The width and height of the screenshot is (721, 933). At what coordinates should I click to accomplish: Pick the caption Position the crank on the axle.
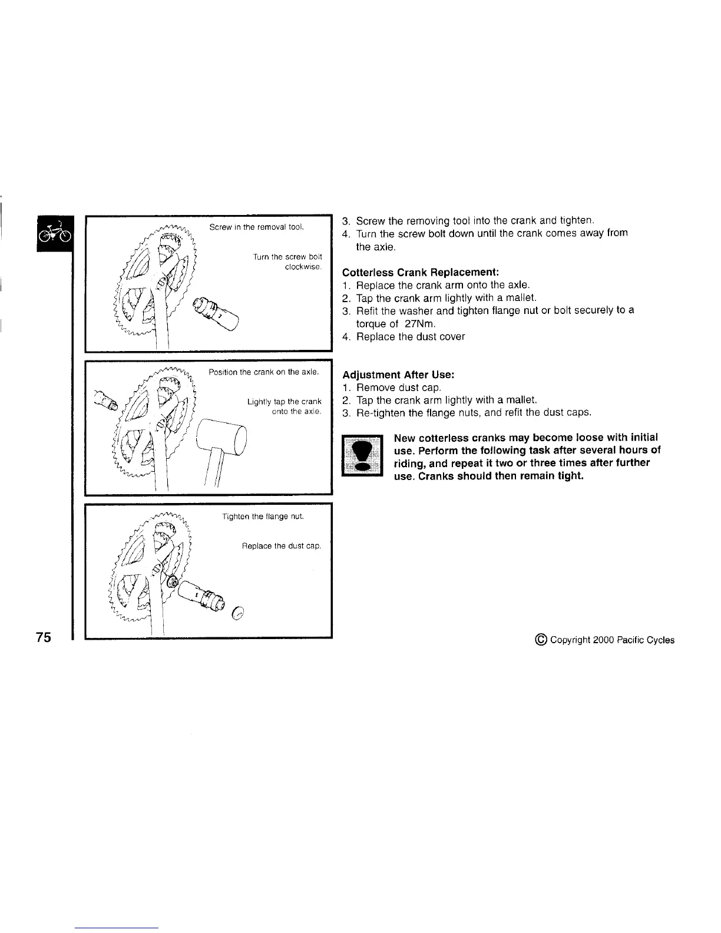[264, 372]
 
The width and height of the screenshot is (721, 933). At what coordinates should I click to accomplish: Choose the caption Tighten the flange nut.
[263, 517]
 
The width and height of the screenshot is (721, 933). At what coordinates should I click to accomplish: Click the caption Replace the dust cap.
[282, 546]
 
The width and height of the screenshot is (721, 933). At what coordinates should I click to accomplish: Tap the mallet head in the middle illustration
[220, 436]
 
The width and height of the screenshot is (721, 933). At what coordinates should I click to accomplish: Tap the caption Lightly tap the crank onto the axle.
[285, 406]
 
